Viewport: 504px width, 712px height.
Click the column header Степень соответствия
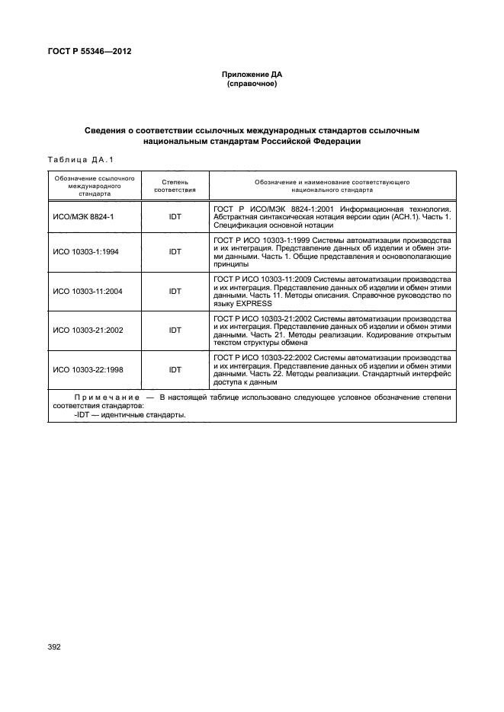pyautogui.click(x=175, y=187)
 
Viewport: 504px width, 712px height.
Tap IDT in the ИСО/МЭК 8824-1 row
pyautogui.click(x=175, y=217)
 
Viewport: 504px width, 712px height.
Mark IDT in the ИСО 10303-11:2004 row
pyautogui.click(x=175, y=290)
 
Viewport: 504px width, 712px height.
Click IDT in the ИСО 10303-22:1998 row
pyautogui.click(x=175, y=369)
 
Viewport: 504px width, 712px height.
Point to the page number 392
pyautogui.click(x=54, y=647)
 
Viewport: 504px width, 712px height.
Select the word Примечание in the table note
pyautogui.click(x=107, y=398)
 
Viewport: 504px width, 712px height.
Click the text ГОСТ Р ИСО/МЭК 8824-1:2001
pyautogui.click(x=271, y=208)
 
